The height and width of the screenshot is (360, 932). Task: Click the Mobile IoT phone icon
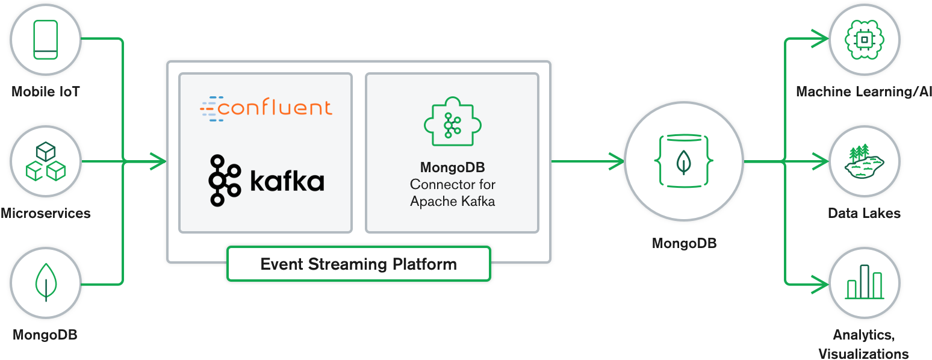(46, 40)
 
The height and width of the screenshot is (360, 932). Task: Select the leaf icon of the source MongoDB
(46, 282)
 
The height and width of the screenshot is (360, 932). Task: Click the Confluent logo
(266, 108)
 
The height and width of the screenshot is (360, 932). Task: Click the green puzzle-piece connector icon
(452, 123)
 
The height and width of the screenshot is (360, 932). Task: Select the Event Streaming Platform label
(358, 264)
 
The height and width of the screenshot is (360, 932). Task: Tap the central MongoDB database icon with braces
(683, 161)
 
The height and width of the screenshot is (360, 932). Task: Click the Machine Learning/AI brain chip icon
(865, 40)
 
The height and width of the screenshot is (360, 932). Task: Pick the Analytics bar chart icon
(865, 282)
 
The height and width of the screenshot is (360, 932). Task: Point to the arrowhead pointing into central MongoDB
(617, 161)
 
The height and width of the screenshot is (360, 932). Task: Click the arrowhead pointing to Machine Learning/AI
(820, 39)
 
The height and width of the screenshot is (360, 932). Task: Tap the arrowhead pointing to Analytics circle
(820, 282)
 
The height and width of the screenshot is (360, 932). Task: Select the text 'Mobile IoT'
(46, 92)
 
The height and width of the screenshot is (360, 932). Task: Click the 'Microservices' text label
(46, 213)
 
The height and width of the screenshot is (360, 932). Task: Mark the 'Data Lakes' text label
(864, 213)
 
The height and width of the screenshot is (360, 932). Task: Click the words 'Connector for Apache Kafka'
(452, 193)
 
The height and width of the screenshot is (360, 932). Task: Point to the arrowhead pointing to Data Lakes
(820, 161)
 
